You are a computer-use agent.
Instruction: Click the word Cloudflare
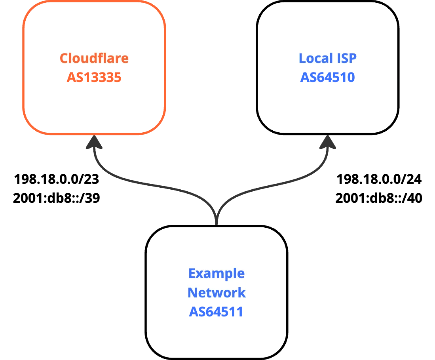(94, 59)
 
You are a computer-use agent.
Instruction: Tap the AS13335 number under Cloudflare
(94, 77)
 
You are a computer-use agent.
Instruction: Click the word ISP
(347, 59)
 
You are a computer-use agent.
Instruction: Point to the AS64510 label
(327, 77)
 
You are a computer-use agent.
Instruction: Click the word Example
(216, 273)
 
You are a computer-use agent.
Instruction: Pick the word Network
(216, 293)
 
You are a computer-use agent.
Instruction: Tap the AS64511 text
(216, 312)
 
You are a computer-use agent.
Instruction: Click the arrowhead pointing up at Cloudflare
(95, 144)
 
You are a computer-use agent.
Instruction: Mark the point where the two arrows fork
(216, 210)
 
